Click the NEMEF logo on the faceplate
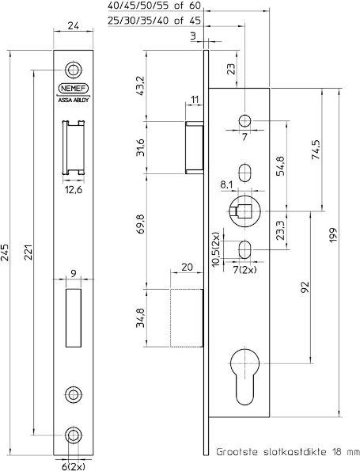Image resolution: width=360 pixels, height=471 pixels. pos(74,89)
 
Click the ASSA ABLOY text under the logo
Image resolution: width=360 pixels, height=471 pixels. pos(74,101)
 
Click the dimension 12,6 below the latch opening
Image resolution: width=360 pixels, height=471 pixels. pos(74,189)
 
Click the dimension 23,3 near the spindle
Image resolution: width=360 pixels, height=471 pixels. pos(281,230)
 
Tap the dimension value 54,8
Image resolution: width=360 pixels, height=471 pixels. pos(281,172)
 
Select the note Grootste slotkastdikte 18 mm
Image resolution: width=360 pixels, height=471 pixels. pos(288,452)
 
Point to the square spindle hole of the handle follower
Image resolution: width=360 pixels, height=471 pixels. pos(244,211)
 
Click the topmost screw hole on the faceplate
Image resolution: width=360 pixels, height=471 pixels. pos(74,68)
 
